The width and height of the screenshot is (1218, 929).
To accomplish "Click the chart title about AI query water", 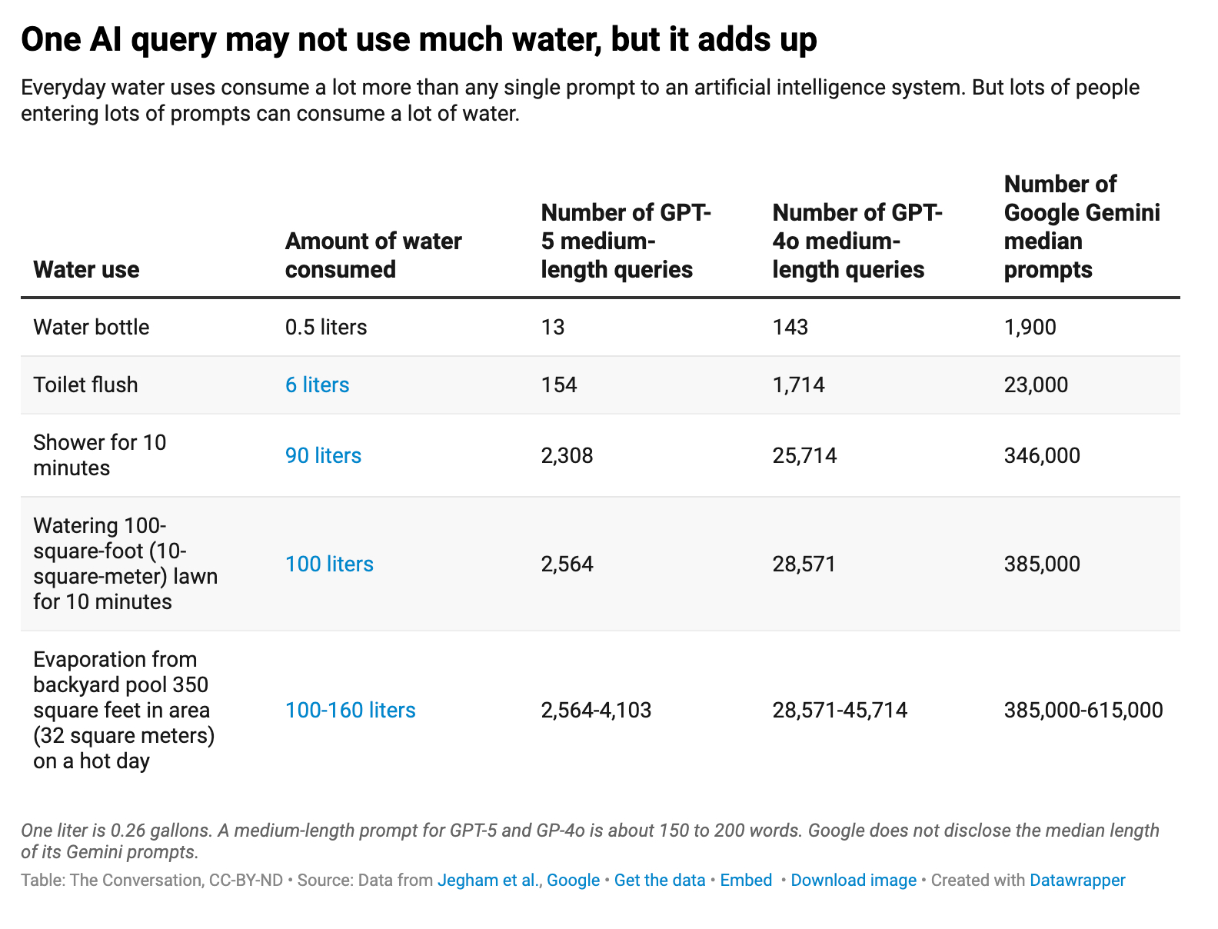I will [418, 40].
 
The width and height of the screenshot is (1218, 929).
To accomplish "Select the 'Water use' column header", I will [86, 270].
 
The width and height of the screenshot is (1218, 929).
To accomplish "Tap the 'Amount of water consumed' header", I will [373, 255].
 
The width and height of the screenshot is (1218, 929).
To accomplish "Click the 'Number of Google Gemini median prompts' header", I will [1081, 227].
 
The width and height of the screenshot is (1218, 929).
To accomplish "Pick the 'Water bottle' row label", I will [91, 328].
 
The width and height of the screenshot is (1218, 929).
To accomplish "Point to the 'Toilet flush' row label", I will [85, 385].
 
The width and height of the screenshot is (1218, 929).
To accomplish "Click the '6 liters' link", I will [317, 385].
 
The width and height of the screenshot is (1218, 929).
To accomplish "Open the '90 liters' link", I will [323, 456].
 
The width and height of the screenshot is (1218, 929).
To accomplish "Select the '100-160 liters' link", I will [350, 710].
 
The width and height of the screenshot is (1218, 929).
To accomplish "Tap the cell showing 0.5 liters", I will [326, 328].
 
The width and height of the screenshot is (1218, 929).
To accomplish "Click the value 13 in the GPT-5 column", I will [553, 328].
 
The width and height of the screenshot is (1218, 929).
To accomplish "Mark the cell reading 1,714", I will [798, 385].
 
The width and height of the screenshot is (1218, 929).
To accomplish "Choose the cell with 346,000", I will [1041, 456].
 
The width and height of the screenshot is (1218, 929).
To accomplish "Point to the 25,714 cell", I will [804, 456].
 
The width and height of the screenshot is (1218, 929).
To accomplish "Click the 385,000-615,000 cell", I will [1083, 710].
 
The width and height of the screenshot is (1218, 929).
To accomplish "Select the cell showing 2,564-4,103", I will [596, 710].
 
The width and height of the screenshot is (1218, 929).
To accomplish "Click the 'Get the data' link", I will [659, 881].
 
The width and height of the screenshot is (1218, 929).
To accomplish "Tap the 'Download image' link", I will [853, 881].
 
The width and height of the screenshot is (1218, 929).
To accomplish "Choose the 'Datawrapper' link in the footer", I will [1077, 881].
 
